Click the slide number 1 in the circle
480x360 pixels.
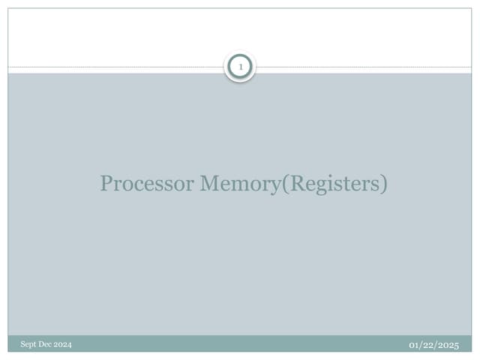[x=241, y=67]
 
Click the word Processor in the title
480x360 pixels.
[x=147, y=183]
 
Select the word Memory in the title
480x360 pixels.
[x=240, y=184]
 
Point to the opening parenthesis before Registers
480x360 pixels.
[x=285, y=184]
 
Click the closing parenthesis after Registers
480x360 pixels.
[x=384, y=184]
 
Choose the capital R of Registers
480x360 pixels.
[x=296, y=183]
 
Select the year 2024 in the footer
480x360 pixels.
[x=63, y=344]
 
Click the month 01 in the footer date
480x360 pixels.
[x=413, y=345]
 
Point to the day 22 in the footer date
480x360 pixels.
[x=426, y=345]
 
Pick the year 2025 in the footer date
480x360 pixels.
[x=447, y=345]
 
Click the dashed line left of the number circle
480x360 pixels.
[x=116, y=67]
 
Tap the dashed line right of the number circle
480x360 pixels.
[x=364, y=67]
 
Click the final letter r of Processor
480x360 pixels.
[x=190, y=186]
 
